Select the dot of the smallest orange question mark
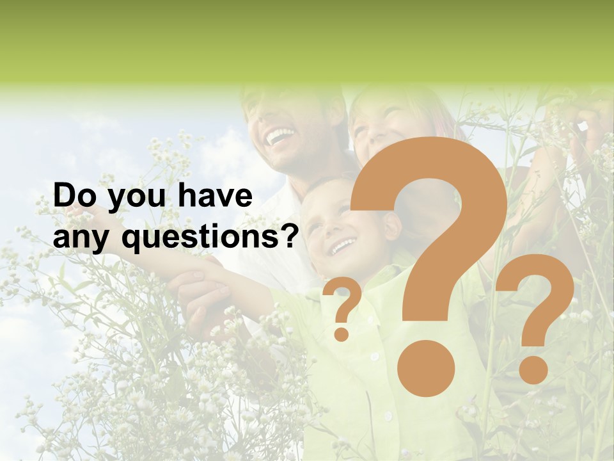point(342,334)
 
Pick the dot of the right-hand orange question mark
point(533,370)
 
